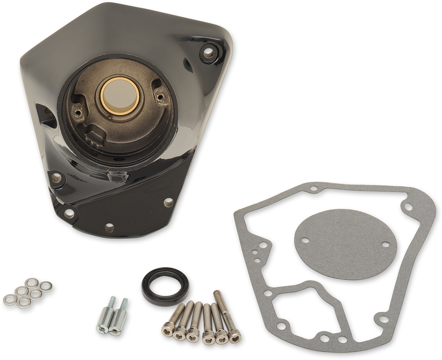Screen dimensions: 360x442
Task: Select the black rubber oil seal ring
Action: coord(165,286)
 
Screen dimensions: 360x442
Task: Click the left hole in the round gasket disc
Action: coord(305,240)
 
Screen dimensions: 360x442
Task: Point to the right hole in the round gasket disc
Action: coord(385,244)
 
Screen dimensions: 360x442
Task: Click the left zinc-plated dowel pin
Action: coord(105,317)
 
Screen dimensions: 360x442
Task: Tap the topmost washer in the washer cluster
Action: coord(32,282)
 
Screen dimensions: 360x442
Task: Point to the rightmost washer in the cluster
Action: coord(46,286)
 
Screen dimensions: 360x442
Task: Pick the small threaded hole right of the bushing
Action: coord(160,97)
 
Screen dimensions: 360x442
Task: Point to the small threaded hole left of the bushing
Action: coord(77,109)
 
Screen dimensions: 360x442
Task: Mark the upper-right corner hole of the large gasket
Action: coord(408,207)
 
